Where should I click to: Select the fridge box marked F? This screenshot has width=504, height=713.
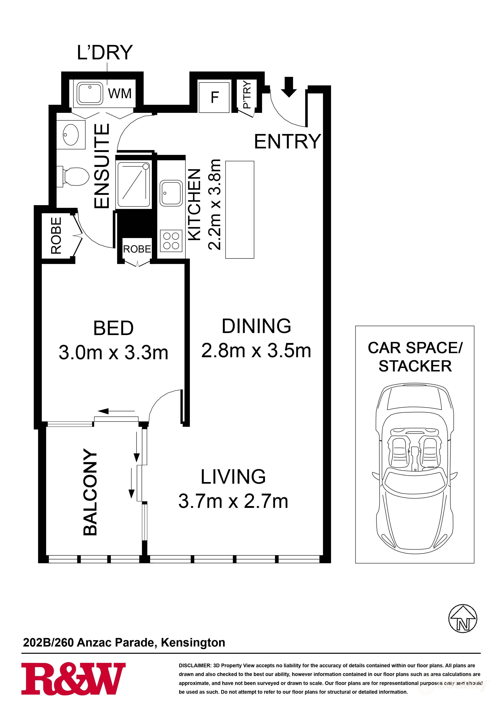click(x=214, y=97)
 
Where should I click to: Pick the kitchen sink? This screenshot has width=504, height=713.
click(x=171, y=193)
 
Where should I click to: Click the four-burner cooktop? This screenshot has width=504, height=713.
click(x=171, y=241)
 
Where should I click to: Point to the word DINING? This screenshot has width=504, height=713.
click(x=256, y=326)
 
